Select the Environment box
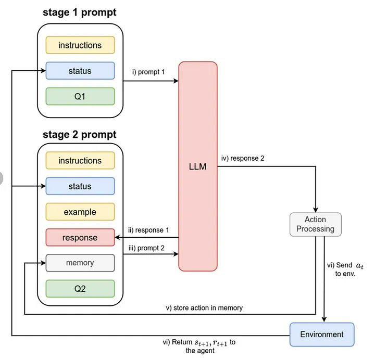click(x=321, y=335)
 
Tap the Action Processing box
click(x=316, y=225)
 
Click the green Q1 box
click(x=80, y=96)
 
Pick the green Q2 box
click(x=80, y=289)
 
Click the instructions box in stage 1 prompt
click(x=80, y=45)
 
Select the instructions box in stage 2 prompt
click(x=80, y=161)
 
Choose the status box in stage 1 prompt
click(x=80, y=71)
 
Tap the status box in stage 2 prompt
click(x=80, y=186)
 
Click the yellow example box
click(x=80, y=212)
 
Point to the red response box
click(x=80, y=238)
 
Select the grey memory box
click(x=80, y=263)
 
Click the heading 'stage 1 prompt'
click(x=80, y=12)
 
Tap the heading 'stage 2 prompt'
click(x=80, y=135)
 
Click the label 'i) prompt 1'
click(x=148, y=72)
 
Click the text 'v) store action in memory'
click(x=204, y=308)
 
